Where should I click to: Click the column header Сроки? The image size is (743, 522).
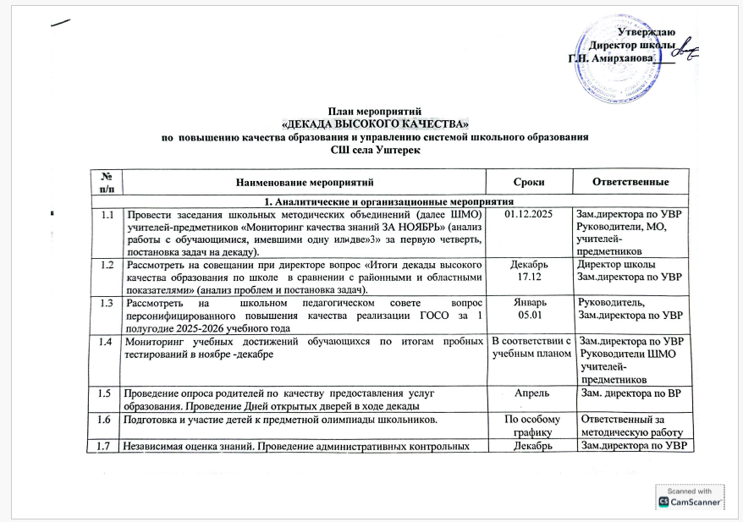pyautogui.click(x=529, y=182)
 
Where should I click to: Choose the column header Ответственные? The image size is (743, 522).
pyautogui.click(x=630, y=182)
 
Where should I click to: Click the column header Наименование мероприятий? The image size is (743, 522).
pyautogui.click(x=305, y=182)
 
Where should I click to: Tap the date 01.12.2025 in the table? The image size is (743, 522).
pyautogui.click(x=529, y=215)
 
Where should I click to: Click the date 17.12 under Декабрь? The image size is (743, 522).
pyautogui.click(x=529, y=276)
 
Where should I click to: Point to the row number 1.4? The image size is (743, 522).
pyautogui.click(x=106, y=341)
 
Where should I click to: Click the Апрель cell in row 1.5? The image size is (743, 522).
pyautogui.click(x=529, y=393)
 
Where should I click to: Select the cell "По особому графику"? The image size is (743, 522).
pyautogui.click(x=529, y=425)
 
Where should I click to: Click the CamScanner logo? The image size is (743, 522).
pyautogui.click(x=690, y=502)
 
